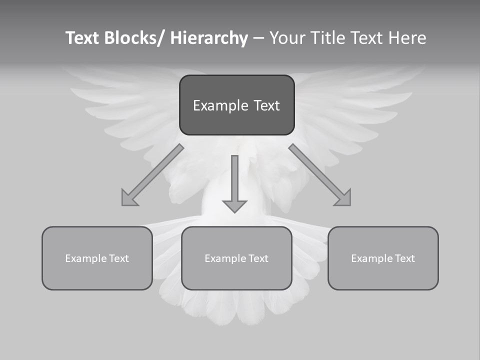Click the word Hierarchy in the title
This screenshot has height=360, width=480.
pos(209,38)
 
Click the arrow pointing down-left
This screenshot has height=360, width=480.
pos(153,175)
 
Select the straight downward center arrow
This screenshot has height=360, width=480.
pos(234,183)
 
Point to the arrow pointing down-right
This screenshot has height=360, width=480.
pos(319,175)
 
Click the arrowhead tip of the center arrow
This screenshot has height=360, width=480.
pos(234,210)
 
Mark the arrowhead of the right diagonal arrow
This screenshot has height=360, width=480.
pos(344,199)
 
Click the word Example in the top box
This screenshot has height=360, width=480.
pos(220,105)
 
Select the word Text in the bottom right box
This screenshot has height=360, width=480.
pos(403,258)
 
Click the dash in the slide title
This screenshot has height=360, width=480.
pos(258,38)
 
